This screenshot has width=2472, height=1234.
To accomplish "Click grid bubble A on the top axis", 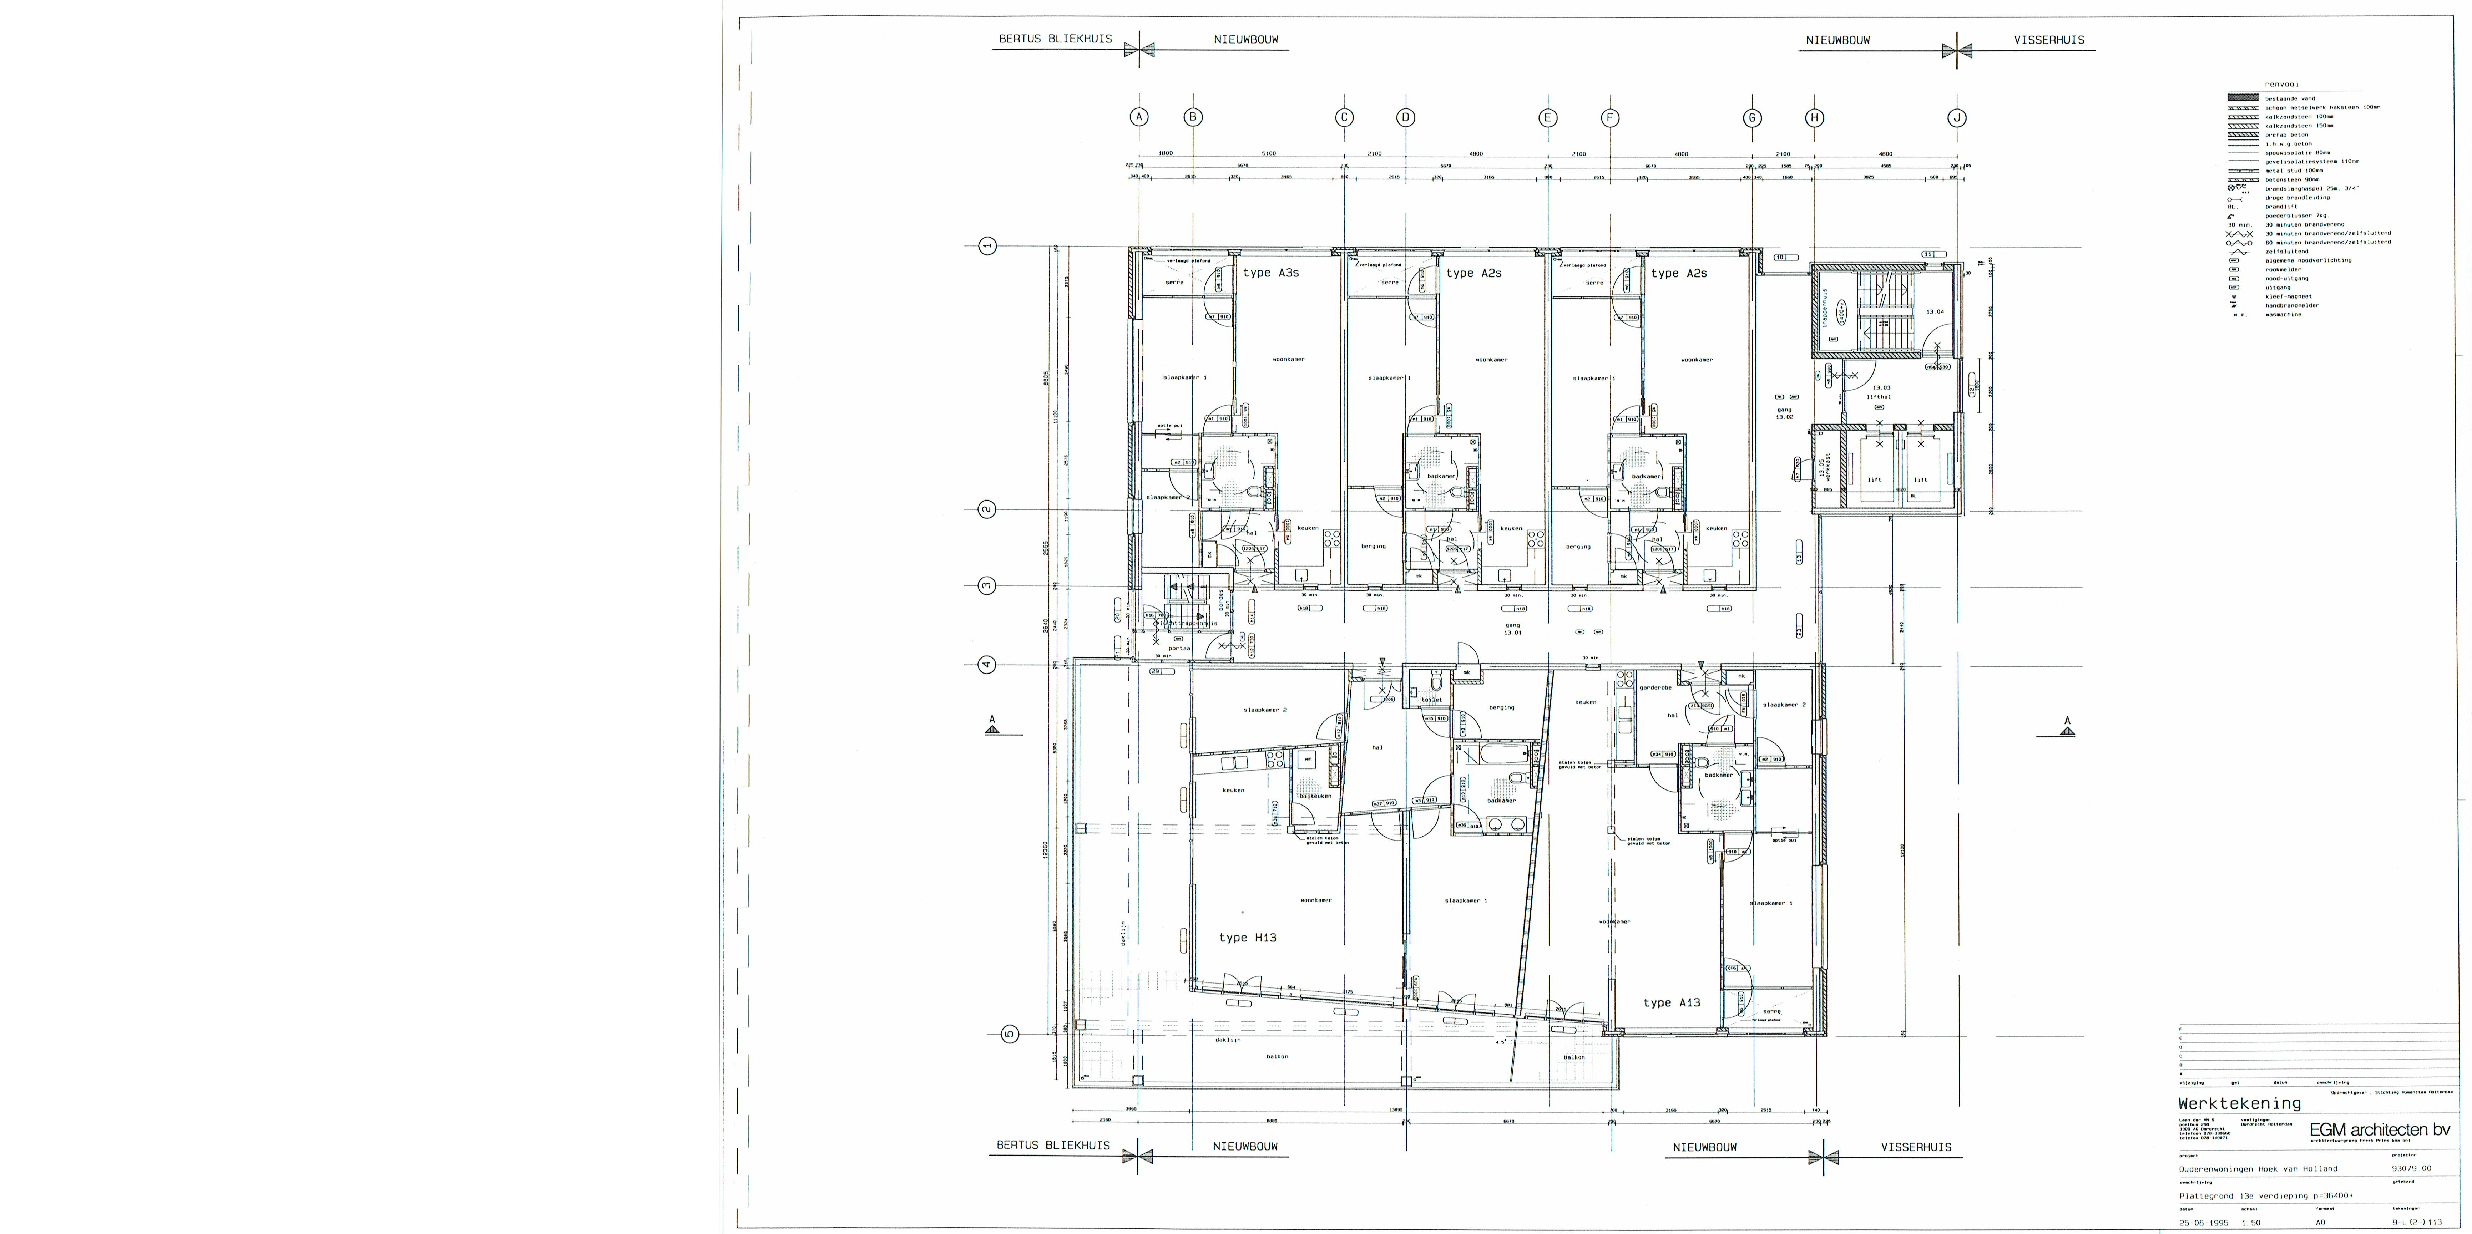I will coord(1139,117).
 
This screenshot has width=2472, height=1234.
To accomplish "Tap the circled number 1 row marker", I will coord(986,246).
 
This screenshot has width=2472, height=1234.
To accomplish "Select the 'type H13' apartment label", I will coord(1248,938).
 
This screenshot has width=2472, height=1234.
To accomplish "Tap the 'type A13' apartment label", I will coord(1672,1003).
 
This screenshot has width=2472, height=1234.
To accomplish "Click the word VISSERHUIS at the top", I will coord(2049,40).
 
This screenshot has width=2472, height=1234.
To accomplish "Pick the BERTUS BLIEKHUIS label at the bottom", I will coord(1053,1145).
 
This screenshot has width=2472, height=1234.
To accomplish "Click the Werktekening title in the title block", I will coord(2239,1103).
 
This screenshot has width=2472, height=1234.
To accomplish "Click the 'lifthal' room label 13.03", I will coord(1879,392).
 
